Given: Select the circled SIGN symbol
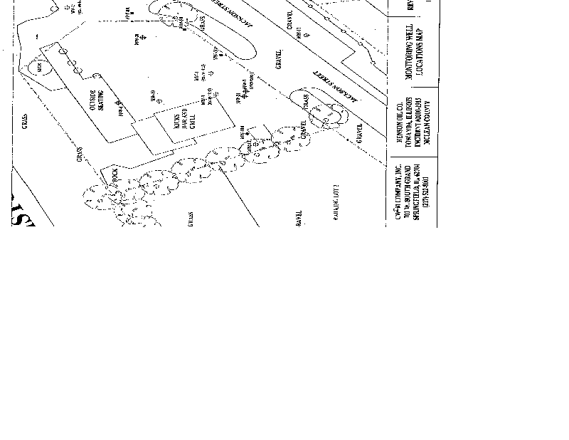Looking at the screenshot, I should click(x=40, y=66).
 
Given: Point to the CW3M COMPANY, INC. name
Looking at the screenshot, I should click(x=400, y=198).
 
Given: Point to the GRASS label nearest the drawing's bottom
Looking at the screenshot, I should click(x=191, y=219).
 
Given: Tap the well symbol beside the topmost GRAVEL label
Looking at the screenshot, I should click(x=297, y=33).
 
